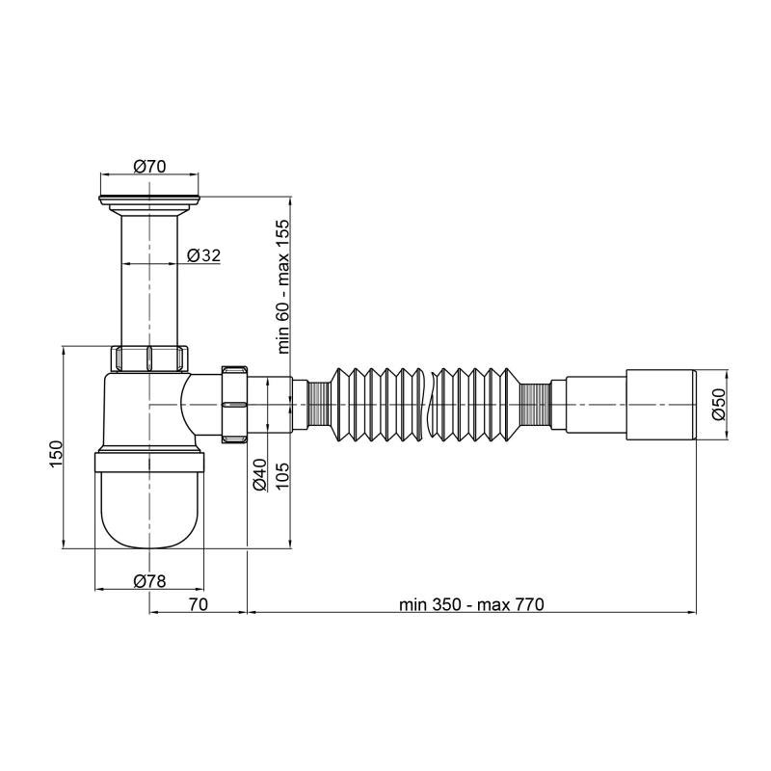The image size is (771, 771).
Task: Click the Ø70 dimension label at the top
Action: [x=149, y=166]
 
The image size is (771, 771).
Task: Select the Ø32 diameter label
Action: [x=204, y=255]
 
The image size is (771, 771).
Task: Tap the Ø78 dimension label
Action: [x=149, y=581]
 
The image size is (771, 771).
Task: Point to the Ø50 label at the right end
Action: [x=718, y=403]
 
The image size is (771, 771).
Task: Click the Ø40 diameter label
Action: [x=259, y=474]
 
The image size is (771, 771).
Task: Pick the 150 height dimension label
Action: [x=56, y=454]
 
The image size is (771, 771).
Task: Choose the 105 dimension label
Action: [x=282, y=476]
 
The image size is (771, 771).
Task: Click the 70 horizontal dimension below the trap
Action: [x=199, y=604]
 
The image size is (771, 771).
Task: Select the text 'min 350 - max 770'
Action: [x=471, y=604]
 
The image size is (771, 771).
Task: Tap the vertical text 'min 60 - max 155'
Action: [x=283, y=286]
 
